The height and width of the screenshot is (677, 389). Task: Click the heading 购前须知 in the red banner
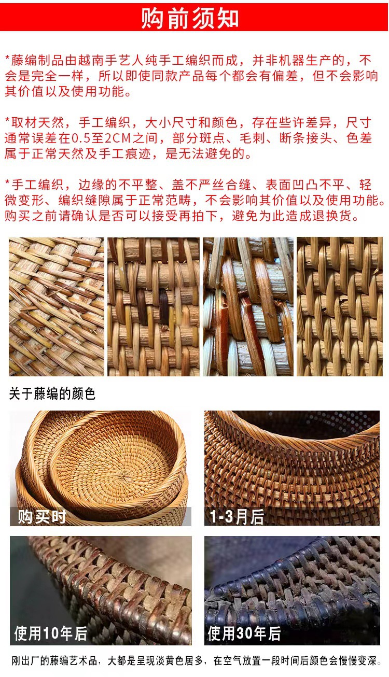coord(190,18)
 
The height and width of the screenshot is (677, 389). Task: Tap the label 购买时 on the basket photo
coord(42,516)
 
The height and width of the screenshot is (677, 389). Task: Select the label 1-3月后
coord(237,516)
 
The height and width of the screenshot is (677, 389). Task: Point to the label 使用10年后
coord(50,633)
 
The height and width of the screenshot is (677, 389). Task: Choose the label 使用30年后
coord(244,633)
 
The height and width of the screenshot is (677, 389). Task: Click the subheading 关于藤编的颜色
coord(52,394)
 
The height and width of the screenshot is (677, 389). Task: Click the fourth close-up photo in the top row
coord(339,306)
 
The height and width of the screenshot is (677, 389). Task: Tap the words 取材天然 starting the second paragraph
coord(37,123)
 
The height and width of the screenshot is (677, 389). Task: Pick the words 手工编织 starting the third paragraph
coord(37,185)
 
